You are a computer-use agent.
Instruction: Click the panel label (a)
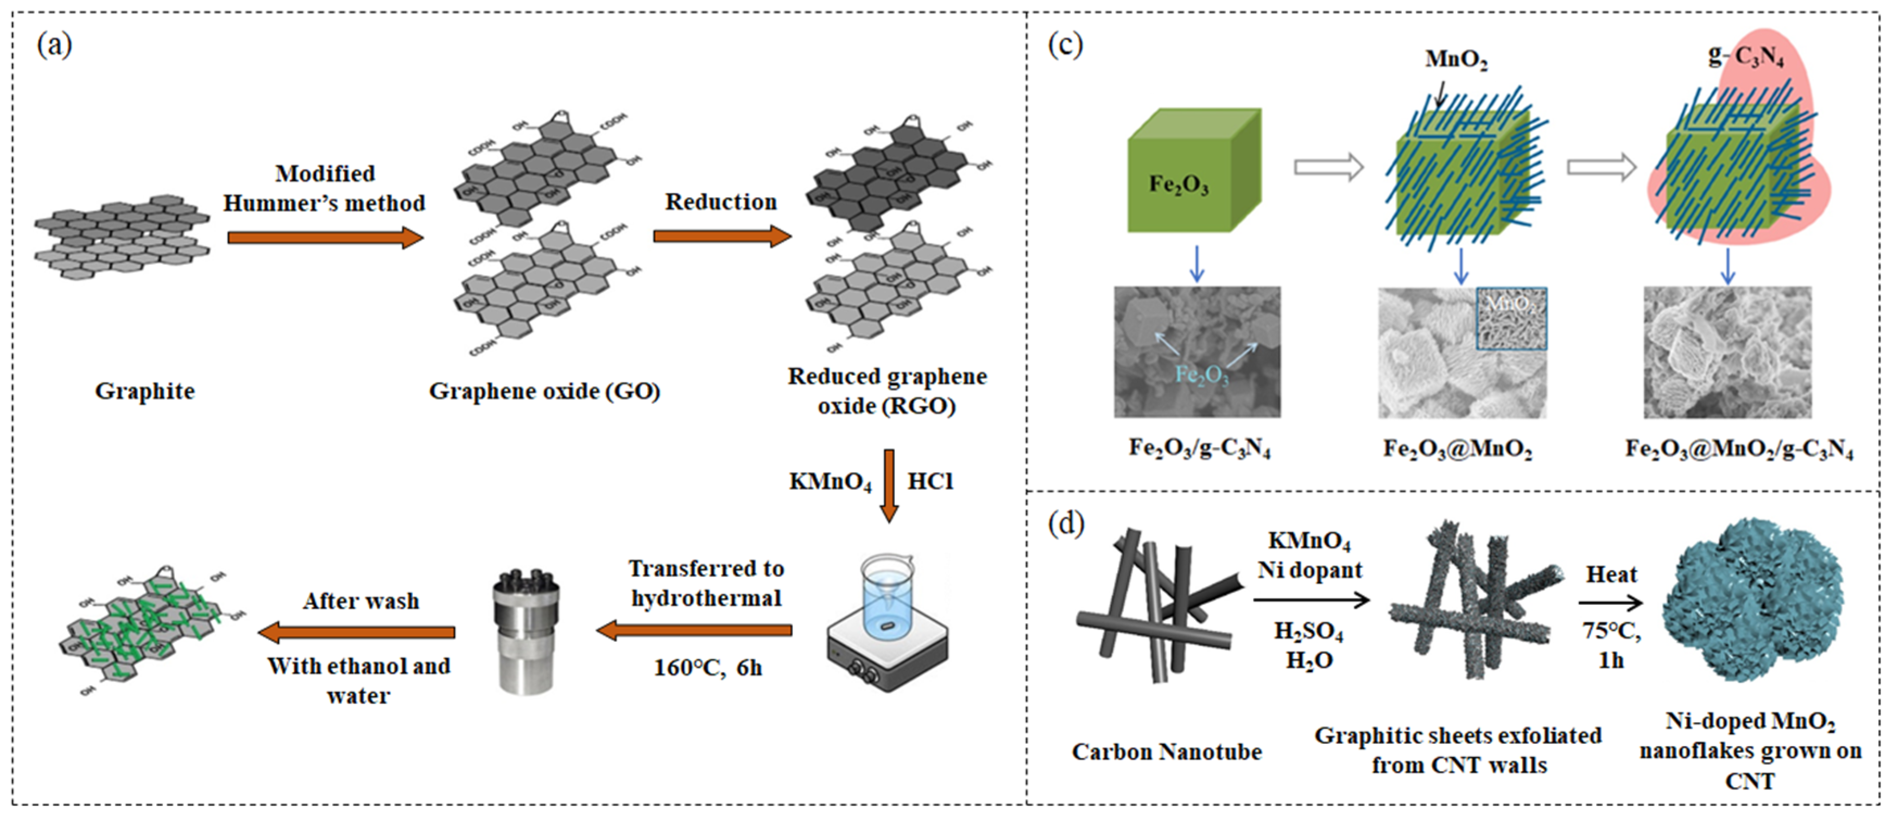click(54, 45)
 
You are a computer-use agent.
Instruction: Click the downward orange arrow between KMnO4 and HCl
click(889, 485)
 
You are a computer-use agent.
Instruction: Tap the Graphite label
click(145, 391)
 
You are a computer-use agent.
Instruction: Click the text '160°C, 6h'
click(708, 667)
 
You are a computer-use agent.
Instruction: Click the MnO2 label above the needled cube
click(1456, 59)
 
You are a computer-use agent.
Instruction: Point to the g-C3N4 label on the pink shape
click(1745, 56)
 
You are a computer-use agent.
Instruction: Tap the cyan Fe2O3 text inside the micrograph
click(1201, 375)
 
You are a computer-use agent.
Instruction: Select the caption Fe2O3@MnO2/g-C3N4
click(1739, 449)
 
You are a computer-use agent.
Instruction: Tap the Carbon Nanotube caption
click(1166, 752)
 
